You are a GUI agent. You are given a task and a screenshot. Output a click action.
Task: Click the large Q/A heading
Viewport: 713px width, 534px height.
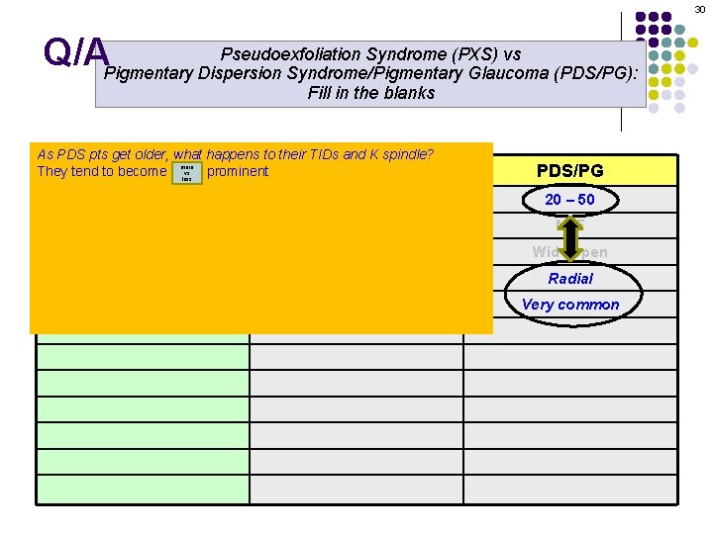[75, 53]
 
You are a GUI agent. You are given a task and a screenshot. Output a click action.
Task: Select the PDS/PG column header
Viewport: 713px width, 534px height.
[570, 171]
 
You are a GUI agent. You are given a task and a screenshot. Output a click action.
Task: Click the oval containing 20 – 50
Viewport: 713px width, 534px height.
[570, 200]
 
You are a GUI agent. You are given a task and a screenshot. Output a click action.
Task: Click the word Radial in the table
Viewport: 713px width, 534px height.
[570, 279]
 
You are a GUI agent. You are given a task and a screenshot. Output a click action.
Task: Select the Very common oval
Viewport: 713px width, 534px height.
[570, 305]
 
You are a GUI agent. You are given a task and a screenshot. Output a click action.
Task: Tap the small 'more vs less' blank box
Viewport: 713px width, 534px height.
[186, 173]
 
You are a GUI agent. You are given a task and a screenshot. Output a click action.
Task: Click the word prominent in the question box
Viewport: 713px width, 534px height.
[238, 171]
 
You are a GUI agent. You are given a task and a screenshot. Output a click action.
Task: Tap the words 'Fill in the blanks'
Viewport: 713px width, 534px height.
[371, 93]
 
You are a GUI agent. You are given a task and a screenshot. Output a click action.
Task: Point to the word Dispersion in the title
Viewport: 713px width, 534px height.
[246, 73]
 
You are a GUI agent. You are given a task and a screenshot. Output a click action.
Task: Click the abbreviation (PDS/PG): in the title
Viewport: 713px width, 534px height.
[599, 73]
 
